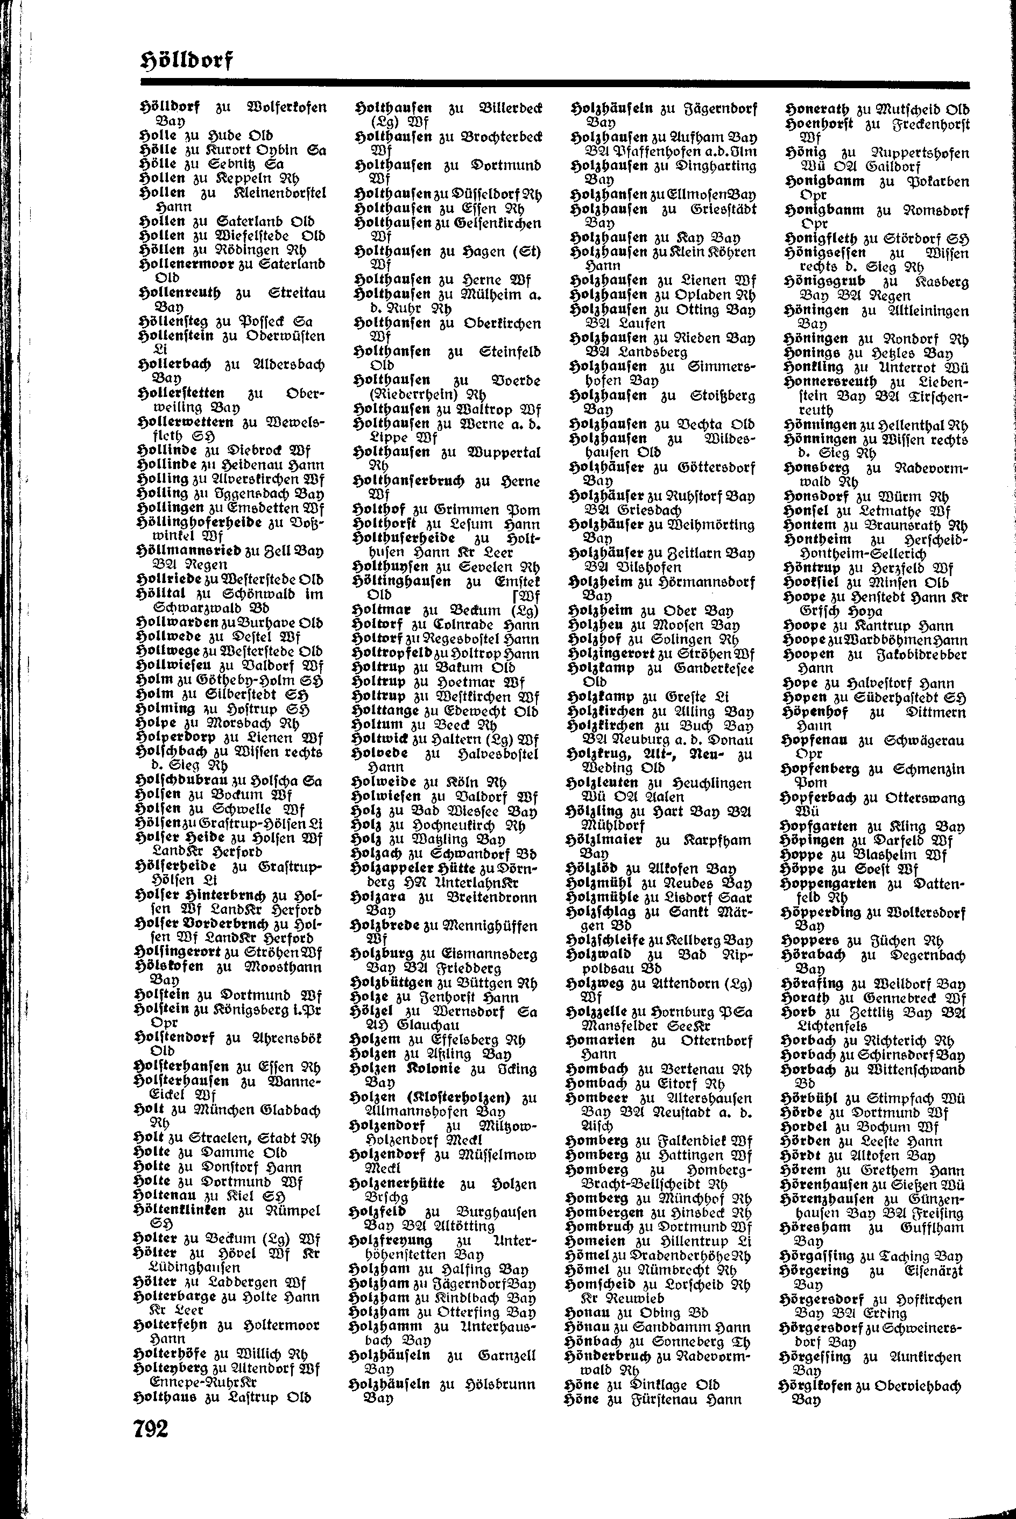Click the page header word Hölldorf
pos(186,61)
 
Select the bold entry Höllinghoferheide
pos(200,522)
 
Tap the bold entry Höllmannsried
pos(190,550)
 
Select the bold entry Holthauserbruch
pos(410,481)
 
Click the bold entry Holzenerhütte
pos(397,1183)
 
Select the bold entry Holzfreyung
pos(390,1240)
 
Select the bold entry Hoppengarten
pos(828,884)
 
